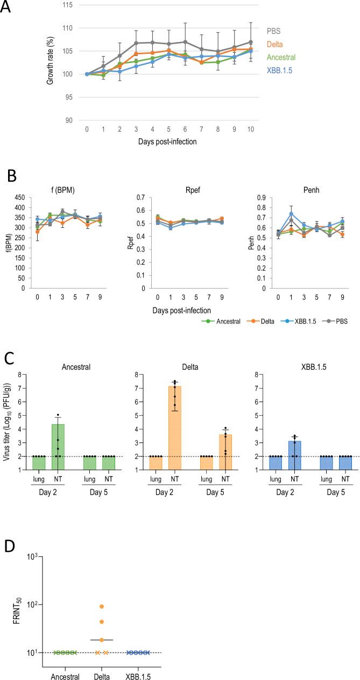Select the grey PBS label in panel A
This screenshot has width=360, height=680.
tap(276, 31)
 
